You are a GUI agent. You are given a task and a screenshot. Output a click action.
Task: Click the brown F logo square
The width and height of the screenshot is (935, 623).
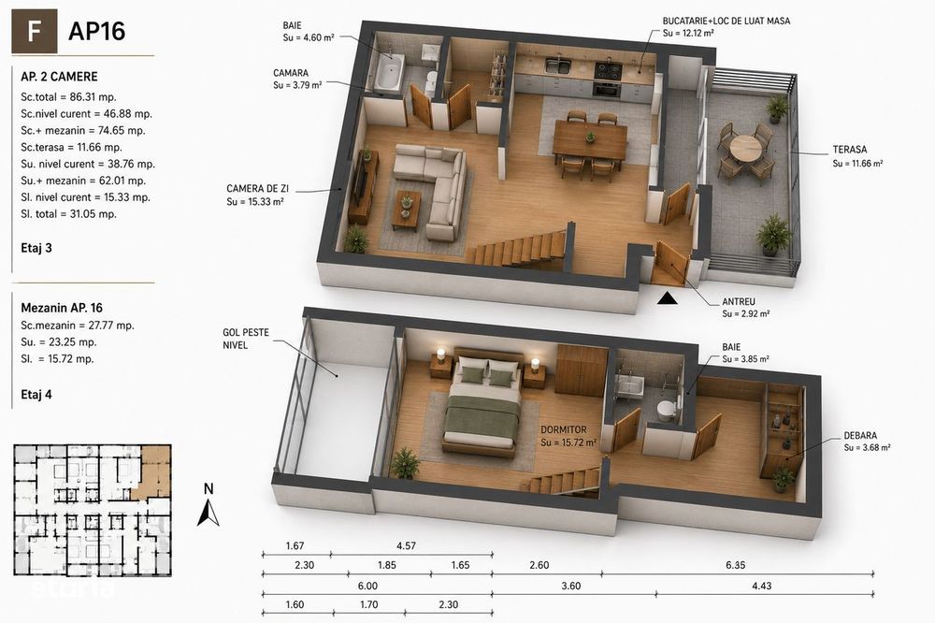click(35, 32)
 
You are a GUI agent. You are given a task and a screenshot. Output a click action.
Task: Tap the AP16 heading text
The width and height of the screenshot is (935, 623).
click(96, 32)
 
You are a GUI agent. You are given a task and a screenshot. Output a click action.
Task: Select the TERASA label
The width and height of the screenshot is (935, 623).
click(850, 150)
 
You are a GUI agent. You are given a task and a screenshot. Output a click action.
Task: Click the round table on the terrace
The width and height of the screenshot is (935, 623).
click(745, 148)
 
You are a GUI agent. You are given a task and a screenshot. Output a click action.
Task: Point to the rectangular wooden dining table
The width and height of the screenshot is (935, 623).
click(590, 139)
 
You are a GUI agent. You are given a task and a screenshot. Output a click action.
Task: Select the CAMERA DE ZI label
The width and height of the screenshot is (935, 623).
click(257, 189)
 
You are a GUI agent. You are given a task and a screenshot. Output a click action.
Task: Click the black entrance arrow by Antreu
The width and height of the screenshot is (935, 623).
click(668, 297)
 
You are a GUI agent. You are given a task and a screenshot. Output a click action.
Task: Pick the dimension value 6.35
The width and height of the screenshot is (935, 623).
click(735, 565)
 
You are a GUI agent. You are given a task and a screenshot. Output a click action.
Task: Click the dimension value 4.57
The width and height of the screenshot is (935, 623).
click(406, 546)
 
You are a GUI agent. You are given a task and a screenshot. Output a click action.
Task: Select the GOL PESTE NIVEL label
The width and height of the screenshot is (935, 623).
click(246, 339)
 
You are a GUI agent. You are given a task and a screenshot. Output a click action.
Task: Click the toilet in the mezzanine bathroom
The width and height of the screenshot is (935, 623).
click(666, 409)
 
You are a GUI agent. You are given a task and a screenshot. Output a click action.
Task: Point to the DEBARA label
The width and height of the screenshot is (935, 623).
click(860, 436)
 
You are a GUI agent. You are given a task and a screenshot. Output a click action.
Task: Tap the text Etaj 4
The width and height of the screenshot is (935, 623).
click(36, 395)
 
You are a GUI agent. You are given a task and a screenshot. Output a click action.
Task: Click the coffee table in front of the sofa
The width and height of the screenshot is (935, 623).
click(406, 210)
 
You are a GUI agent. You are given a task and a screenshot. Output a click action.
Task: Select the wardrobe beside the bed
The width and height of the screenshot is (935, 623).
click(582, 370)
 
